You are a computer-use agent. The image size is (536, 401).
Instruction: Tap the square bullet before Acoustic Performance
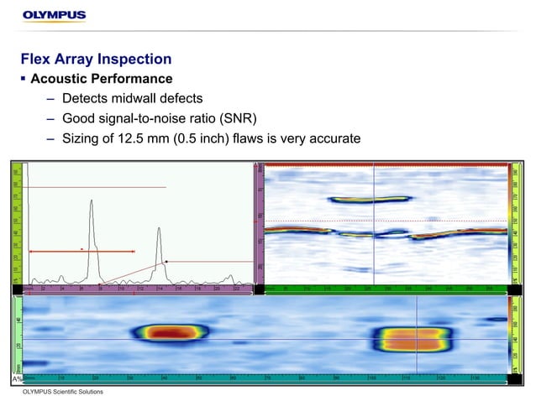(x=24, y=80)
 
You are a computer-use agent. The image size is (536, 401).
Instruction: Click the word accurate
(x=335, y=138)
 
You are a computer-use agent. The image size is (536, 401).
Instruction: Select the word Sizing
(x=82, y=138)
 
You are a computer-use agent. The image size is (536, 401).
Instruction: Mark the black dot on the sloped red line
(x=166, y=262)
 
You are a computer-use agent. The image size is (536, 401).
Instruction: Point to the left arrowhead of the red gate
(x=32, y=251)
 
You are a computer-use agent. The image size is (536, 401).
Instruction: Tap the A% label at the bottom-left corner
(x=17, y=379)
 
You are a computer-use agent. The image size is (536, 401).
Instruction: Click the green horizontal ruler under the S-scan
(x=386, y=289)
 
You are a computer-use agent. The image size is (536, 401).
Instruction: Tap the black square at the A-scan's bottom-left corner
(x=17, y=289)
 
